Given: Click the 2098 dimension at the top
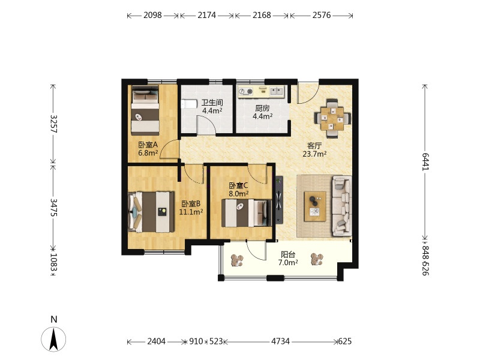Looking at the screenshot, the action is (152, 15).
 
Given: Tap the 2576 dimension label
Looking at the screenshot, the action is (322, 15).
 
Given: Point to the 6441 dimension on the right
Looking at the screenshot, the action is (425, 161).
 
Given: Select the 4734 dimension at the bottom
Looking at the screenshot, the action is (280, 341).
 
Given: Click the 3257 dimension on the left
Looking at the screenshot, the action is (53, 124).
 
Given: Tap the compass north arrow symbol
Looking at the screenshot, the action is (53, 339).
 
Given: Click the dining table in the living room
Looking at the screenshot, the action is (332, 118).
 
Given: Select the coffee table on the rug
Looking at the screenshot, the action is (315, 206).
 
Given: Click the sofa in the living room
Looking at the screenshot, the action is (341, 205).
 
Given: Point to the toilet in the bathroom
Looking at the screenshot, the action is (189, 104).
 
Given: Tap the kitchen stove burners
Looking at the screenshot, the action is (246, 91).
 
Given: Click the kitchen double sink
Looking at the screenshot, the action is (277, 91).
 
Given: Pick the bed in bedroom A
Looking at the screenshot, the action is (145, 110).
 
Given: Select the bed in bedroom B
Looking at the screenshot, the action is (151, 212).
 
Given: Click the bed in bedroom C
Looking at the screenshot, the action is (247, 213).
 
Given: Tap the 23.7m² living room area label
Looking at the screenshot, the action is (314, 154).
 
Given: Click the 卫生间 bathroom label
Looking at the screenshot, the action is (212, 103).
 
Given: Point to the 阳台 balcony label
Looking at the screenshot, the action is (288, 254).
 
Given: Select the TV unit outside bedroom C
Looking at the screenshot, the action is (278, 200).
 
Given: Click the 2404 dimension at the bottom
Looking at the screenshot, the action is (157, 341).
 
